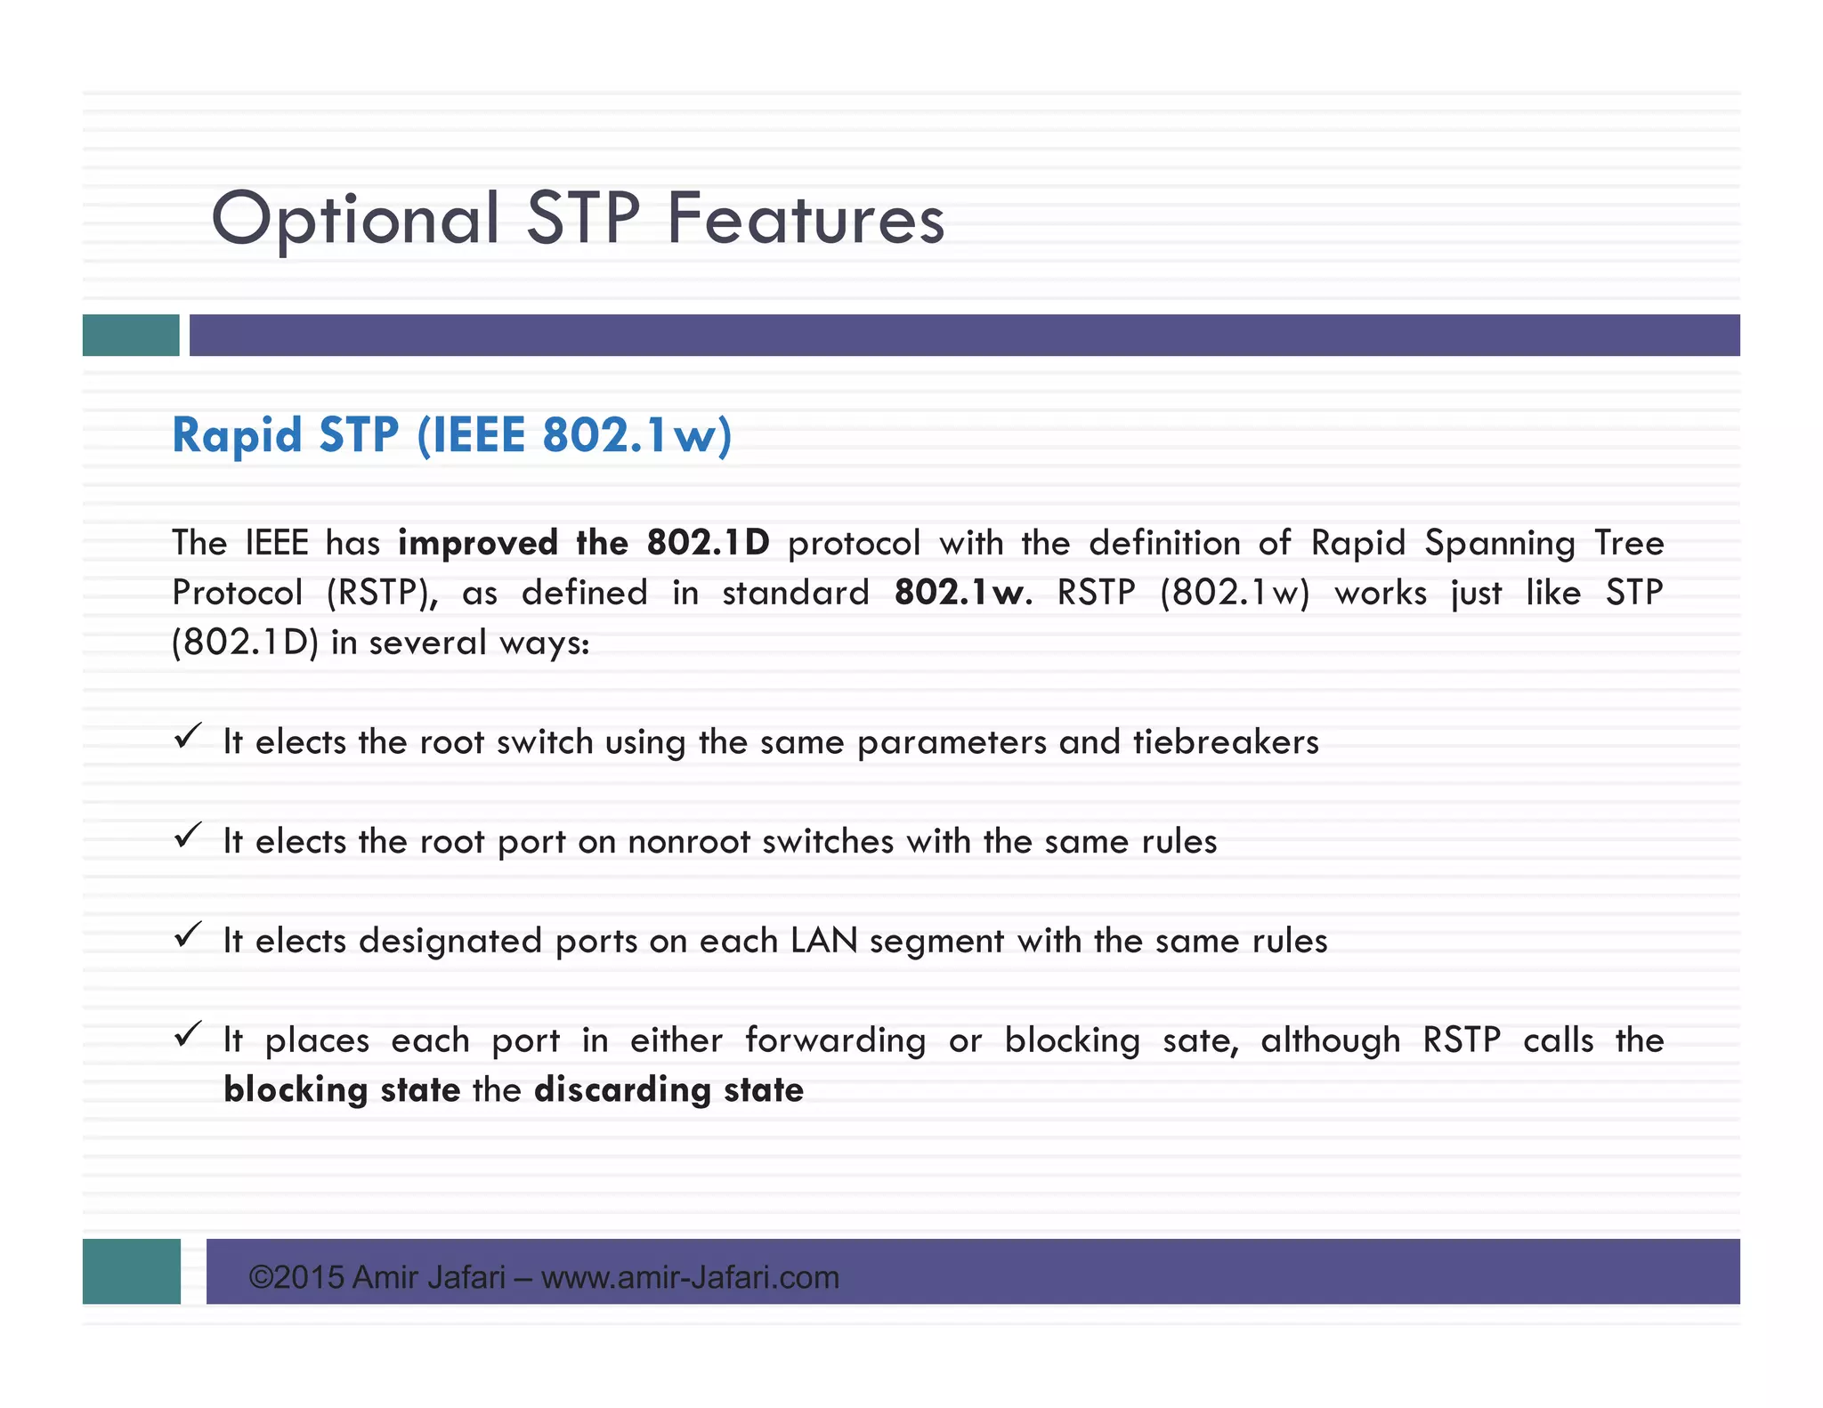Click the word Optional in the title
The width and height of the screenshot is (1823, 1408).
click(355, 219)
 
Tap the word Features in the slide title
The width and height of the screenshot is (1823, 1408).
click(806, 219)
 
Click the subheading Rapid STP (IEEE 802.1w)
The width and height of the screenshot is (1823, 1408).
click(452, 435)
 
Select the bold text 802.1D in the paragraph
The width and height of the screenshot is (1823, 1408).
click(708, 543)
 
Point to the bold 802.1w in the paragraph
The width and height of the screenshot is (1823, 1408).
click(960, 593)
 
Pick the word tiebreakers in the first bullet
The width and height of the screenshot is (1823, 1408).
click(1226, 742)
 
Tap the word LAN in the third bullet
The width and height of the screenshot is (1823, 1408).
click(824, 941)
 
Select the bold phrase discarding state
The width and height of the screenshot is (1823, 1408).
click(668, 1090)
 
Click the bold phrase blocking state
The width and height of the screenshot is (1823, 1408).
click(342, 1090)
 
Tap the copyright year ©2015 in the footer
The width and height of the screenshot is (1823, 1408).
click(296, 1277)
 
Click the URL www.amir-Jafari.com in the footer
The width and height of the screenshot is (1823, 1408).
click(690, 1277)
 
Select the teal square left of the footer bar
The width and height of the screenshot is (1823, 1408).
click(132, 1271)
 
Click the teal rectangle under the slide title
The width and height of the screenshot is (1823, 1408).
click(131, 336)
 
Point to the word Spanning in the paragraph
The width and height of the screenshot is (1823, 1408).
click(1500, 543)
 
